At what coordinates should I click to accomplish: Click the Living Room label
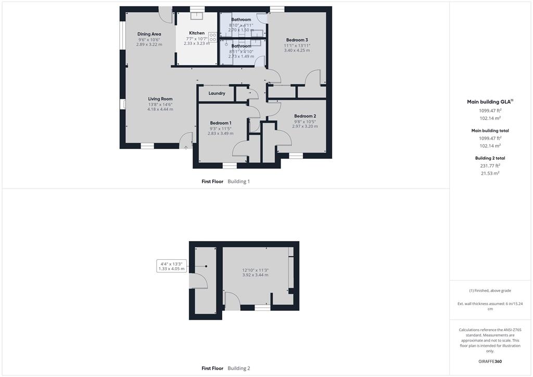click(160, 99)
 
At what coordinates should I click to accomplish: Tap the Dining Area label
click(149, 34)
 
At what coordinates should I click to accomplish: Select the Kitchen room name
click(197, 33)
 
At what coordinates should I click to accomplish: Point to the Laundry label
click(217, 94)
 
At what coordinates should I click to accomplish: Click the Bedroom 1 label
click(220, 123)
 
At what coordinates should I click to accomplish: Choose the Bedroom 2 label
click(305, 116)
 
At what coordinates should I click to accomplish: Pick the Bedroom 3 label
click(297, 40)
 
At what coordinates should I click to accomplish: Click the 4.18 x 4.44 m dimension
click(160, 109)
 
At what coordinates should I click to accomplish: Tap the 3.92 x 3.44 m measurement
click(255, 275)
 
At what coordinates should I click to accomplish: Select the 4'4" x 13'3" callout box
click(171, 266)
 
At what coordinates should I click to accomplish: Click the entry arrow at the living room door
click(186, 147)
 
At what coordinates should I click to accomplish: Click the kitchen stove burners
click(213, 37)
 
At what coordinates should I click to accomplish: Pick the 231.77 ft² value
click(489, 166)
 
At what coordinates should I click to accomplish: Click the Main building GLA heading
click(489, 102)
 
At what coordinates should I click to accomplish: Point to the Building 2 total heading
click(490, 158)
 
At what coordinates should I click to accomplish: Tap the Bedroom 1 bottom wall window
click(230, 166)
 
